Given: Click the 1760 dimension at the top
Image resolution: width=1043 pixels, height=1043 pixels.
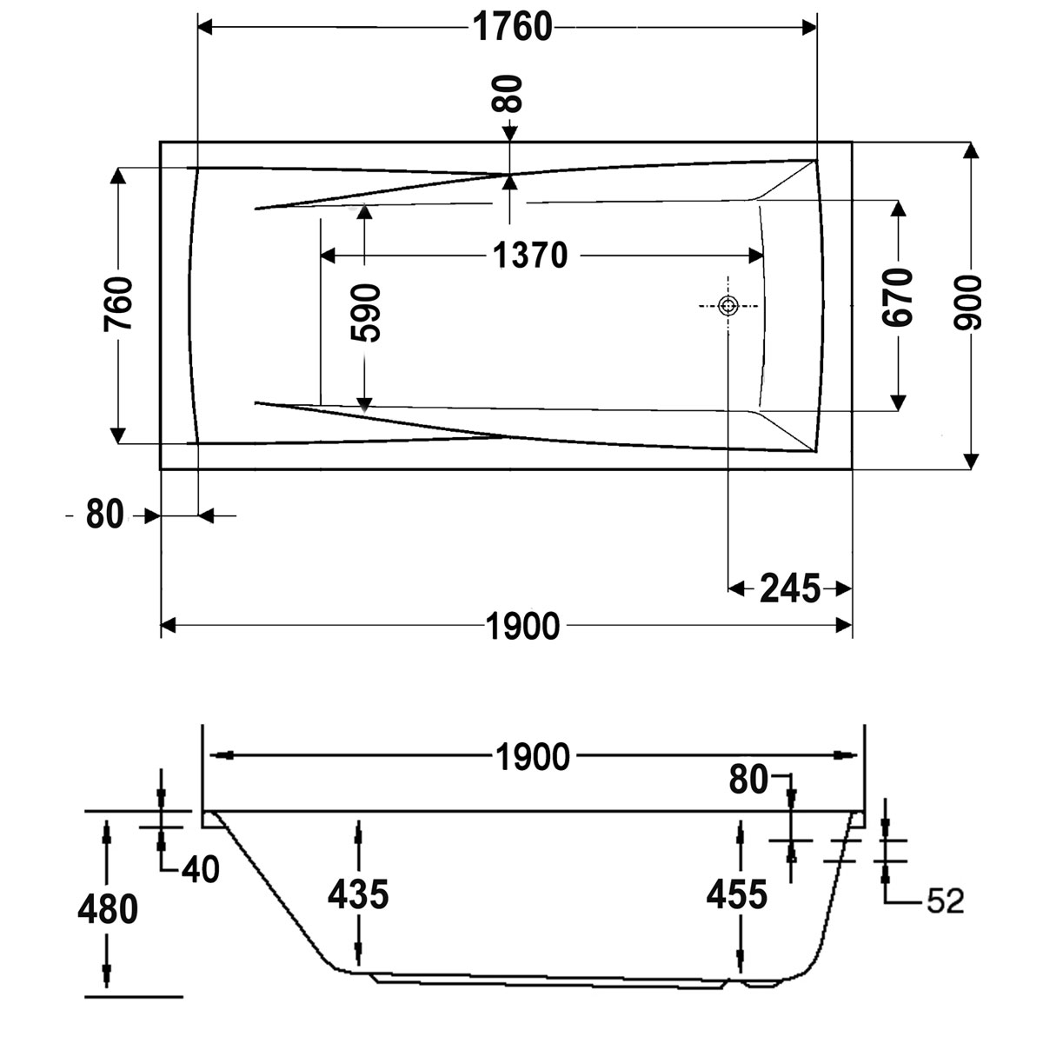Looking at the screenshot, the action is tap(512, 27).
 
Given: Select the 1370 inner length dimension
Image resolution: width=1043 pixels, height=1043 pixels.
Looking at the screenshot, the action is tap(530, 256).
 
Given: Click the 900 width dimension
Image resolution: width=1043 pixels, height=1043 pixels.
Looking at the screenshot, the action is tap(967, 303).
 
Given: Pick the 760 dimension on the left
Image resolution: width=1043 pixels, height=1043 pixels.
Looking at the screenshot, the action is tap(118, 303).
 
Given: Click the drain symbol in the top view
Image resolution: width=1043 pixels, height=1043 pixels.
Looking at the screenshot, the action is tap(728, 306).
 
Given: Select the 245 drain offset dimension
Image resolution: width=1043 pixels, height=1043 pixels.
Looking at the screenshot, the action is tap(790, 589).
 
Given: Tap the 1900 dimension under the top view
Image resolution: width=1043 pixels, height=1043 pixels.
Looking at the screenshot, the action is tap(522, 626).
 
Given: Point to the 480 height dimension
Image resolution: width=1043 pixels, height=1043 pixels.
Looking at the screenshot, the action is tap(108, 909).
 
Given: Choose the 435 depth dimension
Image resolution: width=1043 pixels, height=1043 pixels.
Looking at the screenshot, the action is tap(358, 894).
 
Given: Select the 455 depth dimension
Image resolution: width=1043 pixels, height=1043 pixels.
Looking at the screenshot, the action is tap(737, 894).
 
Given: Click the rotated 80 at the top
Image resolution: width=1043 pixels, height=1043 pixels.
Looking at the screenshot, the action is tap(507, 94).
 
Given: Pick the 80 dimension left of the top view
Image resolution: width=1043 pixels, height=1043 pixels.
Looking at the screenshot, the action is tap(104, 515).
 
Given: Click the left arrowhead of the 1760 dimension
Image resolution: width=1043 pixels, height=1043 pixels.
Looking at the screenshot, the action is tap(206, 27).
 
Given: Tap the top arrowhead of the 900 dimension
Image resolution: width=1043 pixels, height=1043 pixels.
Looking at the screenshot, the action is tap(972, 150).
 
